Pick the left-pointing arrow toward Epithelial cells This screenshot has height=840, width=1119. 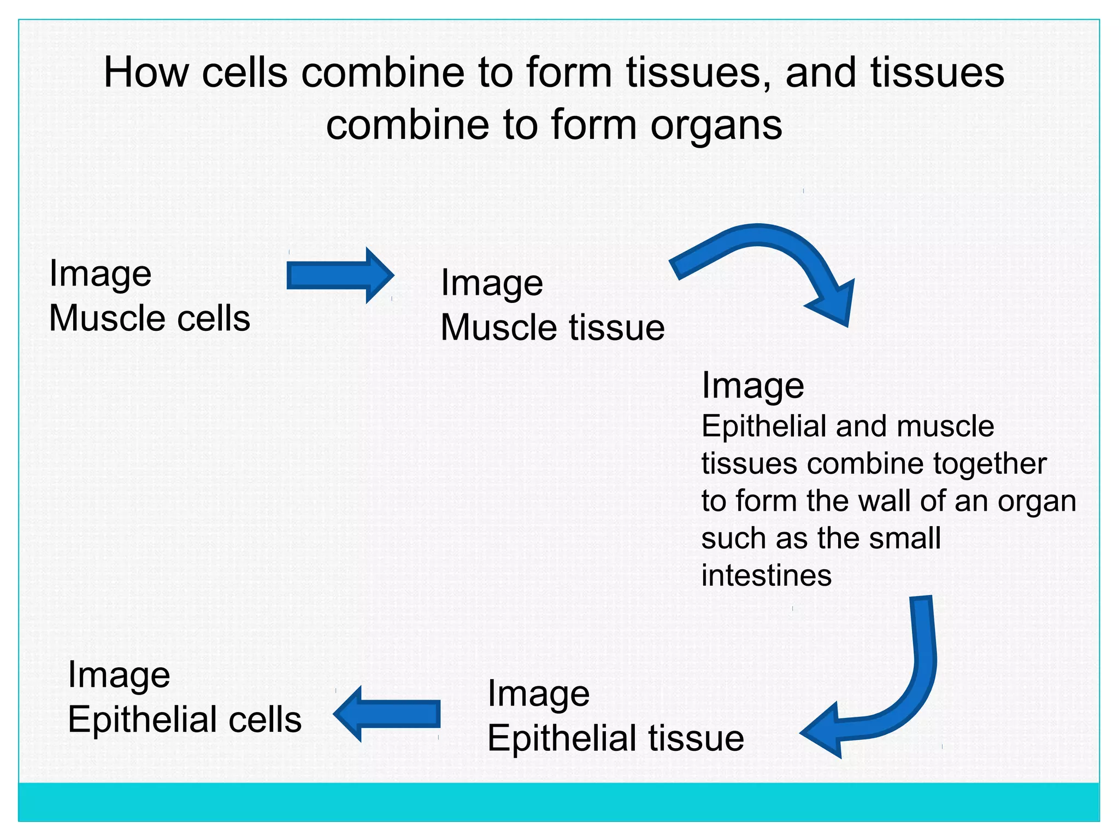point(388,714)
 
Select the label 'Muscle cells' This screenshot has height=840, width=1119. point(149,318)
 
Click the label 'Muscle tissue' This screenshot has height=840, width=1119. point(552,328)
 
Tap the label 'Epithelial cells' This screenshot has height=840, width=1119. point(185,719)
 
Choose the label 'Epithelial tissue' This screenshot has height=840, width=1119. point(615,738)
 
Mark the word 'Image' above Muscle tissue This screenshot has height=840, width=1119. point(492,283)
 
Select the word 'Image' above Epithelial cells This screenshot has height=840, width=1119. point(119,675)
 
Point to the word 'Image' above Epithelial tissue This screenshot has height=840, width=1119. point(538,693)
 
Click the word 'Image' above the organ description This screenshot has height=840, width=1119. point(752,386)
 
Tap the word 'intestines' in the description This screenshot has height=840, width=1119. point(766,575)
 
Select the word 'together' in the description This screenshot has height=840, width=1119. point(990,464)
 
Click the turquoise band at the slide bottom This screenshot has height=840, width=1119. point(558,801)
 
